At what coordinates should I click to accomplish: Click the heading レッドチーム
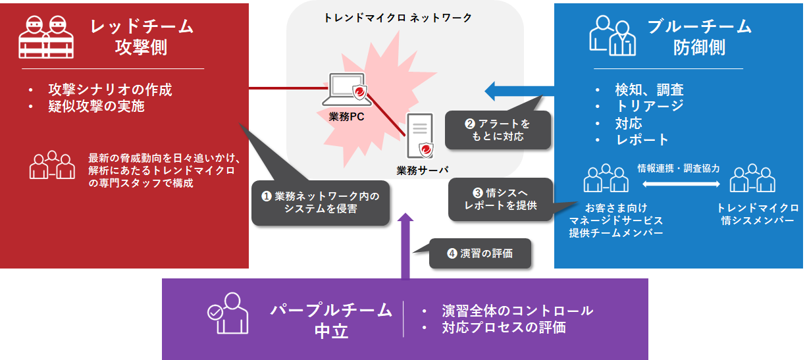click(142, 26)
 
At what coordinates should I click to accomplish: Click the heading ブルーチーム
click(699, 26)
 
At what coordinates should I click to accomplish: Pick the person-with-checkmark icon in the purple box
click(228, 314)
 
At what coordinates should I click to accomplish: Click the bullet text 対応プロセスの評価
click(504, 327)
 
